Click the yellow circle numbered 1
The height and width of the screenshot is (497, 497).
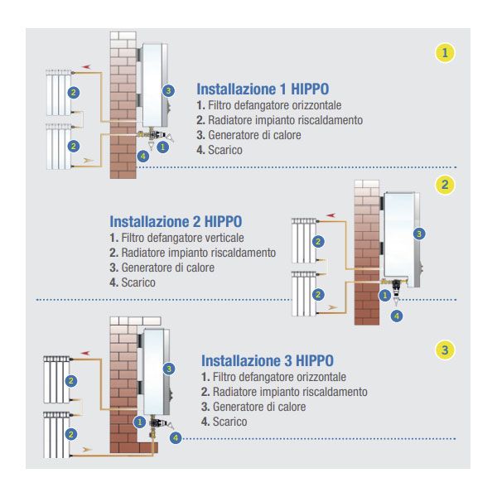(x=445, y=53)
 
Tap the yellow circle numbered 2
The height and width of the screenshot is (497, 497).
(x=445, y=185)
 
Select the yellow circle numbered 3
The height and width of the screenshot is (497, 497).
(x=445, y=350)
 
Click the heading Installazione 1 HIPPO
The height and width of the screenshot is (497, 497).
(x=263, y=89)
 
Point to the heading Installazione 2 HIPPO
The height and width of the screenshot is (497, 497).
(x=176, y=221)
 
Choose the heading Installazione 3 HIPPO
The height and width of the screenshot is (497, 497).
(x=268, y=360)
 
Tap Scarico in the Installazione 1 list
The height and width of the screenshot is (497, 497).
(x=225, y=150)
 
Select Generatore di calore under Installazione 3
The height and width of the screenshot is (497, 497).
(x=259, y=407)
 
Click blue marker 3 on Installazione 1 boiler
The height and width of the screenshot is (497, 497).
(x=168, y=91)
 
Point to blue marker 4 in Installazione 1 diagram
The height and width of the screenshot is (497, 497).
(x=143, y=156)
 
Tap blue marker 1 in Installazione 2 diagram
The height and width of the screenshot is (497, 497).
(x=385, y=296)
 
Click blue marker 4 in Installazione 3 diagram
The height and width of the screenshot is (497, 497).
(x=176, y=438)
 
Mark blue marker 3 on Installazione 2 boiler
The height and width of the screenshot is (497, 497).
(x=419, y=234)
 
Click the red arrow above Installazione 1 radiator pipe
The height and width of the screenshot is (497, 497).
(x=86, y=67)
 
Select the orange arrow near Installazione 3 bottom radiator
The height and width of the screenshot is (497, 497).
(x=87, y=450)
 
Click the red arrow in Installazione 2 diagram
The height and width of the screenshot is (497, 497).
(x=331, y=215)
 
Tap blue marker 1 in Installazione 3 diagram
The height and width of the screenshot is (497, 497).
(x=140, y=422)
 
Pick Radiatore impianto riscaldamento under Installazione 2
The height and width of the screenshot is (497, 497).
(x=199, y=253)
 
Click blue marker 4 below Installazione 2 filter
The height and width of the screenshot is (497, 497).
(x=397, y=316)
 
